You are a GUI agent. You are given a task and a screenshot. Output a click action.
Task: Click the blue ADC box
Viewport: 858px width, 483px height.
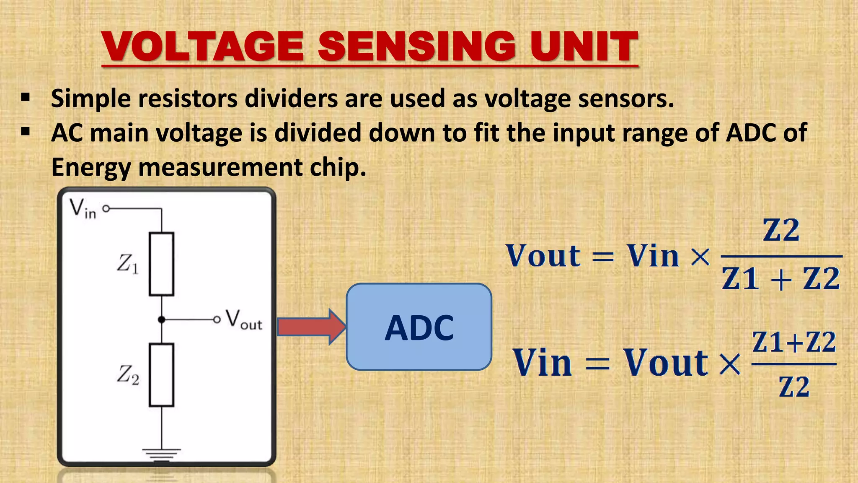tap(419, 327)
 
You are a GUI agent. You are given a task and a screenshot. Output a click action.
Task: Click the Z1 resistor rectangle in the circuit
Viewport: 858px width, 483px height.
tap(162, 264)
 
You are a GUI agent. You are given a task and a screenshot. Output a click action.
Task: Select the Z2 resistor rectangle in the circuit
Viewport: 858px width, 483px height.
tap(162, 375)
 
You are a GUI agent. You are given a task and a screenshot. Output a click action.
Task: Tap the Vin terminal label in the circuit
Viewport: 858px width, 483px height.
tap(83, 208)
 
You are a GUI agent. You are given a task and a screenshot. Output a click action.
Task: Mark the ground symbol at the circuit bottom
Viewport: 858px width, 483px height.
tap(162, 453)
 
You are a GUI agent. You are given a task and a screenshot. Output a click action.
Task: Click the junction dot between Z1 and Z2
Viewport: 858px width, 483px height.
tap(162, 320)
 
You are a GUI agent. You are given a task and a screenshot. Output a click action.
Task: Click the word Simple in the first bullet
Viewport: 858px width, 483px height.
tap(91, 99)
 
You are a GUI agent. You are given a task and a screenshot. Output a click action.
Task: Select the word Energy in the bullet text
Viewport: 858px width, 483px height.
tap(91, 168)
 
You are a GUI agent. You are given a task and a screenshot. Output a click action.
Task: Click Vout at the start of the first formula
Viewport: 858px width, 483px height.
tap(543, 256)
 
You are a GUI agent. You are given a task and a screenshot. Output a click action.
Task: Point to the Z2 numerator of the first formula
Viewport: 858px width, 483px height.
tap(781, 230)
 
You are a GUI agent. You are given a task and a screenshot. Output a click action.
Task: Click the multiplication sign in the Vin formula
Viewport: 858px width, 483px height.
tap(730, 364)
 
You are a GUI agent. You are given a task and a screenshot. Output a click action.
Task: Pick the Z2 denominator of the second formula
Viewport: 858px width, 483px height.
tap(794, 387)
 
